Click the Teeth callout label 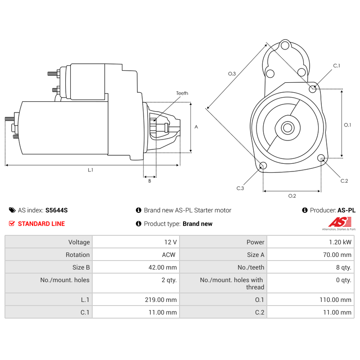click(182, 93)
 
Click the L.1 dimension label click(90, 170)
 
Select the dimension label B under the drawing click(149, 181)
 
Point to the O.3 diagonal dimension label click(232, 73)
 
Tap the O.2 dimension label click(292, 196)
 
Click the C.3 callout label click(240, 188)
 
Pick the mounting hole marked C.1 click(313, 89)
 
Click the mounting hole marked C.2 click(321, 158)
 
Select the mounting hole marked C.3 click(263, 166)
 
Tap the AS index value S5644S click(56, 210)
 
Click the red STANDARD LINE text click(41, 224)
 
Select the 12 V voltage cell click(171, 242)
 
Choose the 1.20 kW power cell click(340, 242)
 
